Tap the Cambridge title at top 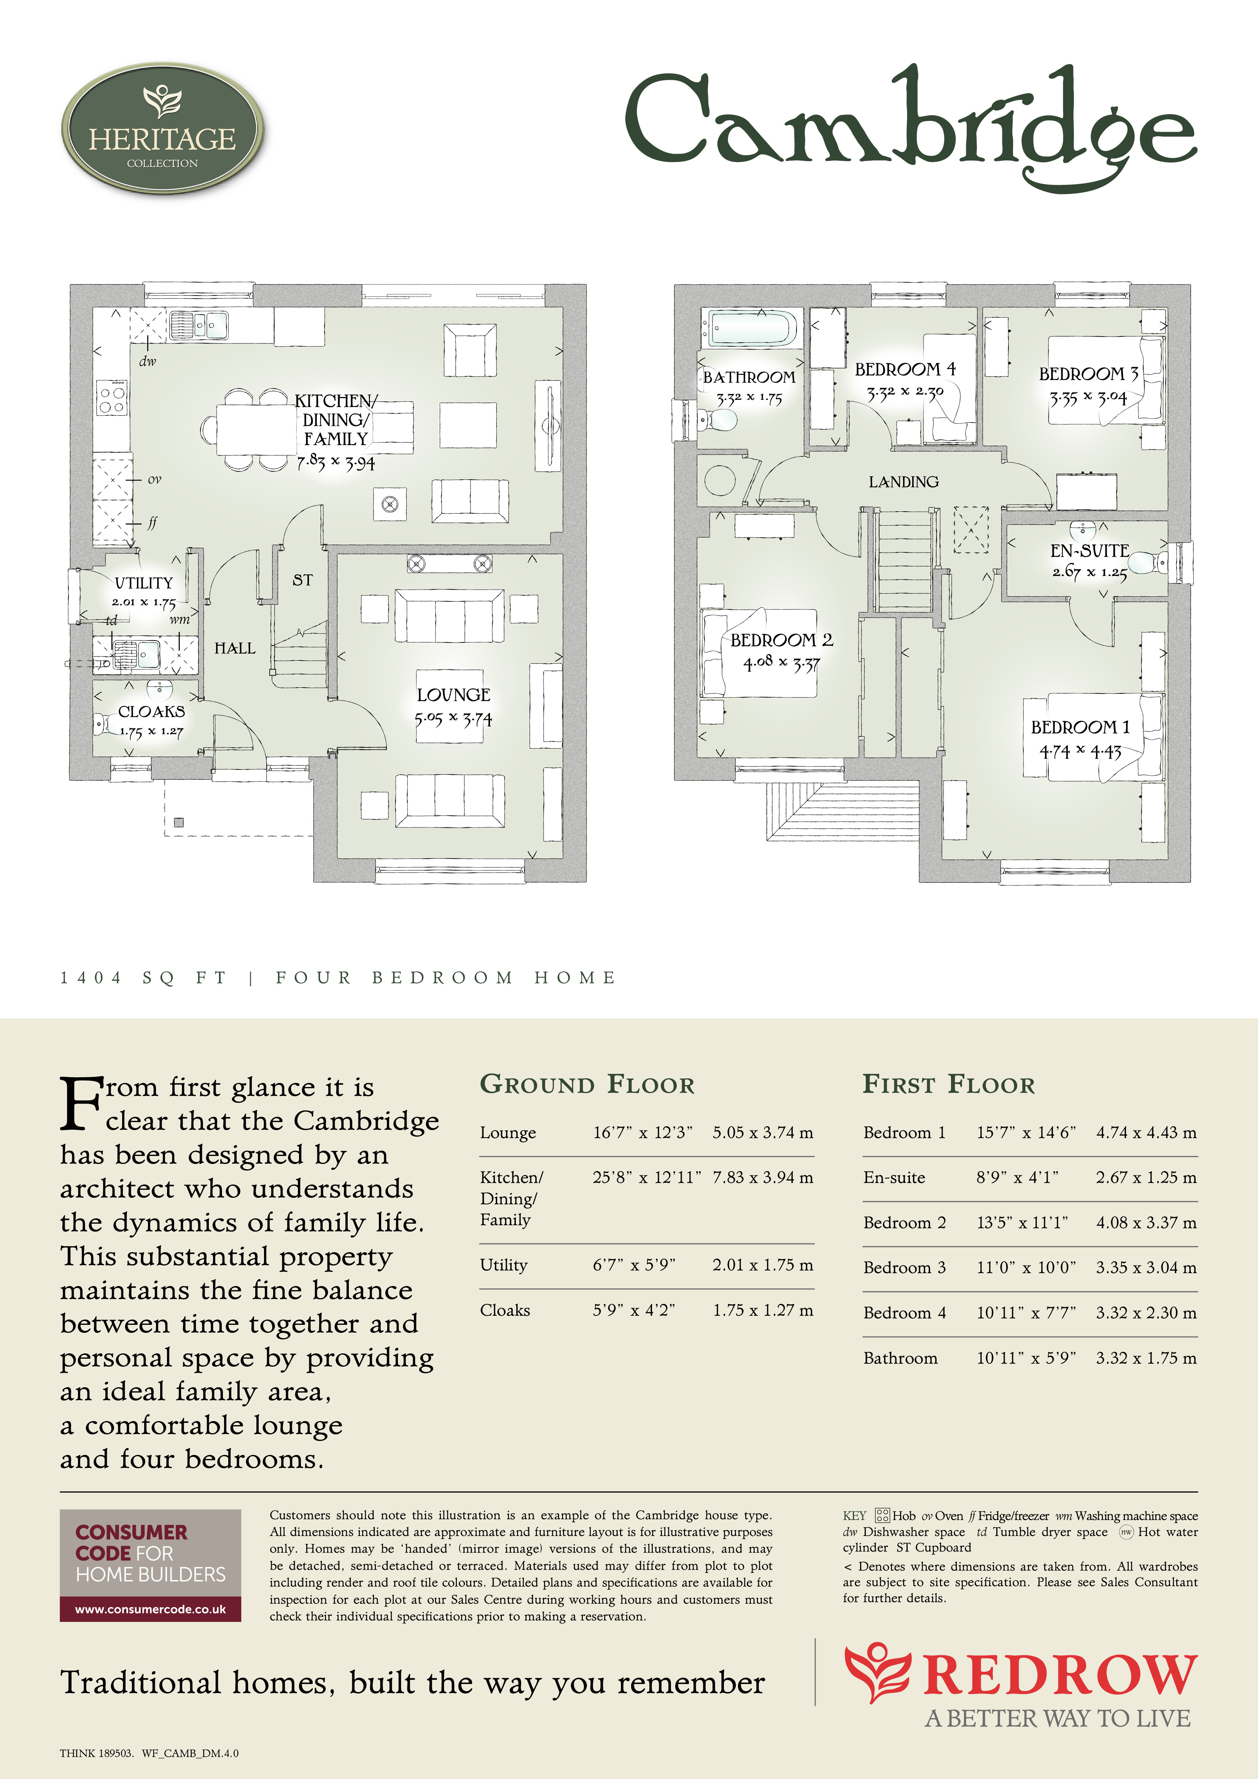click(911, 128)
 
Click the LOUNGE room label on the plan click(453, 695)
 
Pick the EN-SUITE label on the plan click(1089, 551)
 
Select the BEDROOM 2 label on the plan click(781, 640)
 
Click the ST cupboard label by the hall click(302, 580)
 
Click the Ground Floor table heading click(587, 1084)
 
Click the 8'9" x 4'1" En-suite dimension click(1017, 1178)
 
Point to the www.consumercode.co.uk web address click(150, 1609)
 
